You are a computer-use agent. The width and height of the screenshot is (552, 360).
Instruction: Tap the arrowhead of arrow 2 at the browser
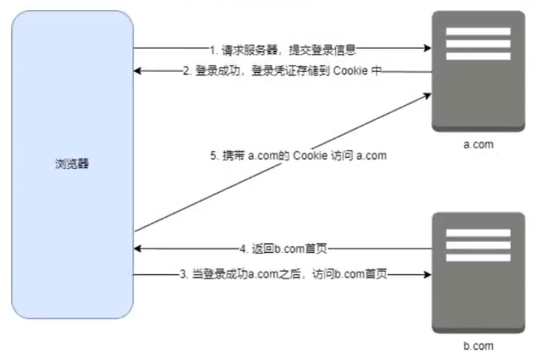[x=138, y=72]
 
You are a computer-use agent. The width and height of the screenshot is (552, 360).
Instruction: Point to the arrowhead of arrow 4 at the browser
[x=138, y=249]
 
